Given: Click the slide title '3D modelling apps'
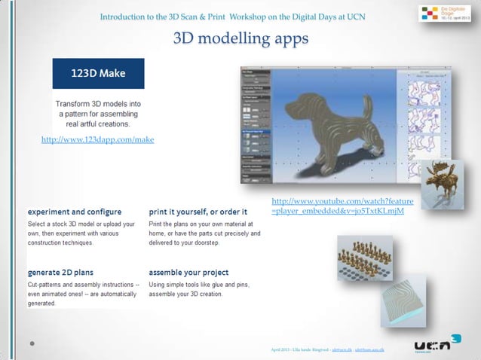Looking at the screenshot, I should click(x=240, y=38).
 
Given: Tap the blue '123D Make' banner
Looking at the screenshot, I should click(x=98, y=74).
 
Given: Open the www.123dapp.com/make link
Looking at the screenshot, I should click(x=97, y=139).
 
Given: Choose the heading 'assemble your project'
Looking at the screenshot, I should click(x=188, y=272).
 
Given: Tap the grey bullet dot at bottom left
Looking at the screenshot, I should click(x=32, y=343).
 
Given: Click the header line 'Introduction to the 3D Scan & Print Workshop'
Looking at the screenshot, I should click(x=233, y=17).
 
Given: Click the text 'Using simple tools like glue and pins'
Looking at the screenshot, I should click(x=198, y=286).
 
